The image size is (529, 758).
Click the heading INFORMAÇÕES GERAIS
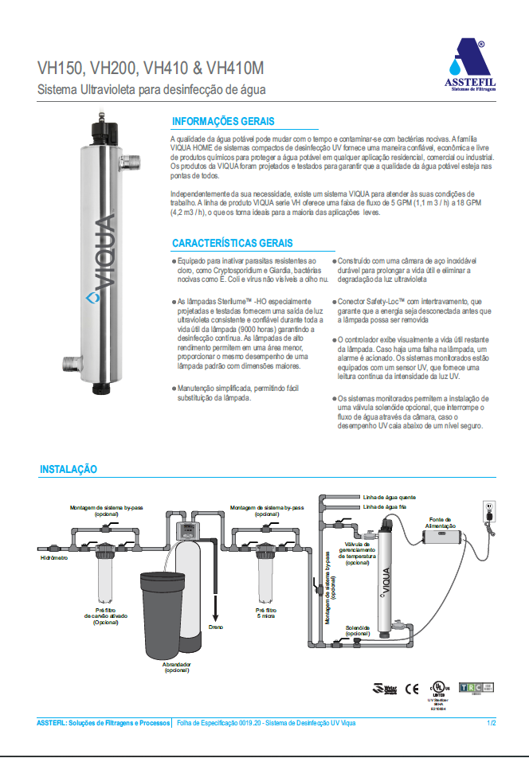(223, 122)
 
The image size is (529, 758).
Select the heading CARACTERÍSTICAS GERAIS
(233, 243)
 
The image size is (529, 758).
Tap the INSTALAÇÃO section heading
(69, 470)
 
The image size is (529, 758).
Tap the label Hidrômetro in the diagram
(53, 558)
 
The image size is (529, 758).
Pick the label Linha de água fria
(385, 506)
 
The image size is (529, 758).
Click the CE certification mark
(412, 689)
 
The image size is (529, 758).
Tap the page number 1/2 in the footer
(491, 722)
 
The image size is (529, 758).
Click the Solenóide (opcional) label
(358, 630)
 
